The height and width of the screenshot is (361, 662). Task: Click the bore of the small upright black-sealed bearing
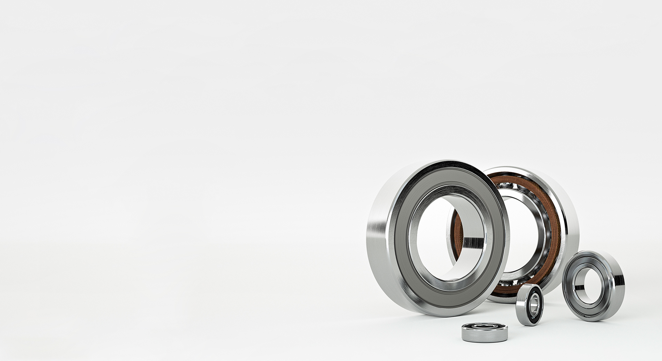click(531, 304)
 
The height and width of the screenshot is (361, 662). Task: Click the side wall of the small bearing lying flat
click(484, 334)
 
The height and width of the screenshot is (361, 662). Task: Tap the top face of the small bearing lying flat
click(484, 326)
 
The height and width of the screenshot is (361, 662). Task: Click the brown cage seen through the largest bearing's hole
click(457, 231)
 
